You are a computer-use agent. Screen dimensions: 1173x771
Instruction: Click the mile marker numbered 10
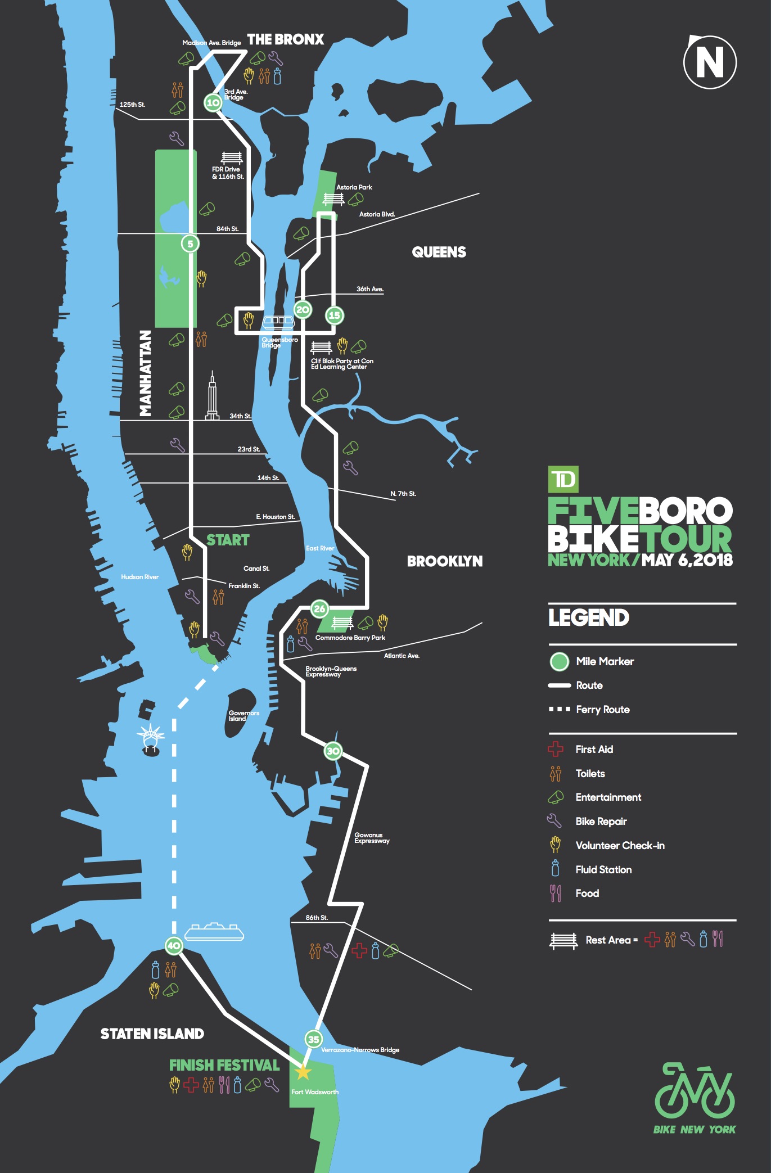click(213, 103)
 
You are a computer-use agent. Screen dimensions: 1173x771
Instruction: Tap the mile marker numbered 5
click(190, 244)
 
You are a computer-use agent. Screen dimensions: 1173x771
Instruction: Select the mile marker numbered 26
click(319, 608)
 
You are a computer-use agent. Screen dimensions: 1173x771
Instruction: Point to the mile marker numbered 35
click(313, 1039)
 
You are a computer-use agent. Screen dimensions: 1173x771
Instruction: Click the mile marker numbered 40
click(174, 945)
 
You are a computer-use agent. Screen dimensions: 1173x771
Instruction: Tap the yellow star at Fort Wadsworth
click(303, 1072)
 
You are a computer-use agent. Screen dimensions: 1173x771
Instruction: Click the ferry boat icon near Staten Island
click(214, 932)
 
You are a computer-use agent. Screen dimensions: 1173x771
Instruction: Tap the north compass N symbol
click(710, 62)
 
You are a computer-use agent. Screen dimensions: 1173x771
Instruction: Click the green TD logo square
click(563, 480)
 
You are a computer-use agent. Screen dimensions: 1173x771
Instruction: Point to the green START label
click(228, 540)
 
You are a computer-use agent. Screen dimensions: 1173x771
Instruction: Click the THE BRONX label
click(286, 39)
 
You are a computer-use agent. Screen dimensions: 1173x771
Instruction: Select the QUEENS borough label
click(439, 252)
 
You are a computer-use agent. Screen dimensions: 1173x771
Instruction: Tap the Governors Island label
click(243, 716)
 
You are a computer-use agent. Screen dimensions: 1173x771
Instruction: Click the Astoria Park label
click(354, 187)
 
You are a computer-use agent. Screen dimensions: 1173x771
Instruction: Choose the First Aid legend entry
click(594, 749)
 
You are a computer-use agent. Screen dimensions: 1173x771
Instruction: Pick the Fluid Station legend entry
click(603, 869)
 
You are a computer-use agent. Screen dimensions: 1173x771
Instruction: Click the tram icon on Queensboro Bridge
click(278, 322)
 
